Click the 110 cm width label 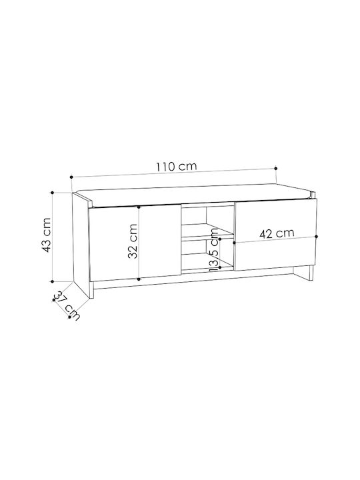point(176,167)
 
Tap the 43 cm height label point(46,235)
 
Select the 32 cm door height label point(132,241)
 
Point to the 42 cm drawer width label point(277,233)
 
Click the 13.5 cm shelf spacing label point(214,250)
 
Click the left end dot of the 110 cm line point(71,177)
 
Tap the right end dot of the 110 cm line point(276,169)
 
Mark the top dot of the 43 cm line point(53,193)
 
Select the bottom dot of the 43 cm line point(53,281)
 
